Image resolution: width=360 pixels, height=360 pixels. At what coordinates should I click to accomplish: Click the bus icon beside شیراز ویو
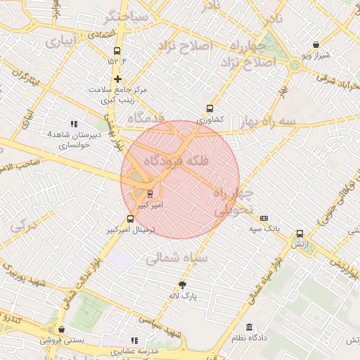point(316,44)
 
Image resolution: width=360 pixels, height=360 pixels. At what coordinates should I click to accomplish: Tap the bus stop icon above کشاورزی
point(210,109)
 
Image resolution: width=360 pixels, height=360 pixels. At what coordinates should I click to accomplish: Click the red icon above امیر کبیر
point(150,194)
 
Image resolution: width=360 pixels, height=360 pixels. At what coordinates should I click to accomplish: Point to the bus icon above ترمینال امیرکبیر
point(129,219)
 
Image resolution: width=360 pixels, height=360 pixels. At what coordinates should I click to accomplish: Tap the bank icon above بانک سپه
point(264,219)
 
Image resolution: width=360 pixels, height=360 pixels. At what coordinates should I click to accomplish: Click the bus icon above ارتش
point(300,234)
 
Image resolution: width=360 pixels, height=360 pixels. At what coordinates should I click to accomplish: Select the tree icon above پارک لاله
point(184,285)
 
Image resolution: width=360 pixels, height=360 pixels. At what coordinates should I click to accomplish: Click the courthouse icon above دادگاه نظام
point(250,327)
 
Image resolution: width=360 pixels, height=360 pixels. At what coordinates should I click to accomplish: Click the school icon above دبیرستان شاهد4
point(75,124)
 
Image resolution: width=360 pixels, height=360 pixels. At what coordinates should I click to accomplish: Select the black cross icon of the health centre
point(117,79)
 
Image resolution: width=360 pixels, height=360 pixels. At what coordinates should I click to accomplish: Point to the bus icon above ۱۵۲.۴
point(117,51)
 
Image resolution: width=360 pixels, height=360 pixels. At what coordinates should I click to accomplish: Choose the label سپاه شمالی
point(175,259)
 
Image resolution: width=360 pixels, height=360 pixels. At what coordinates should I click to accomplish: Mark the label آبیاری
point(59,42)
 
